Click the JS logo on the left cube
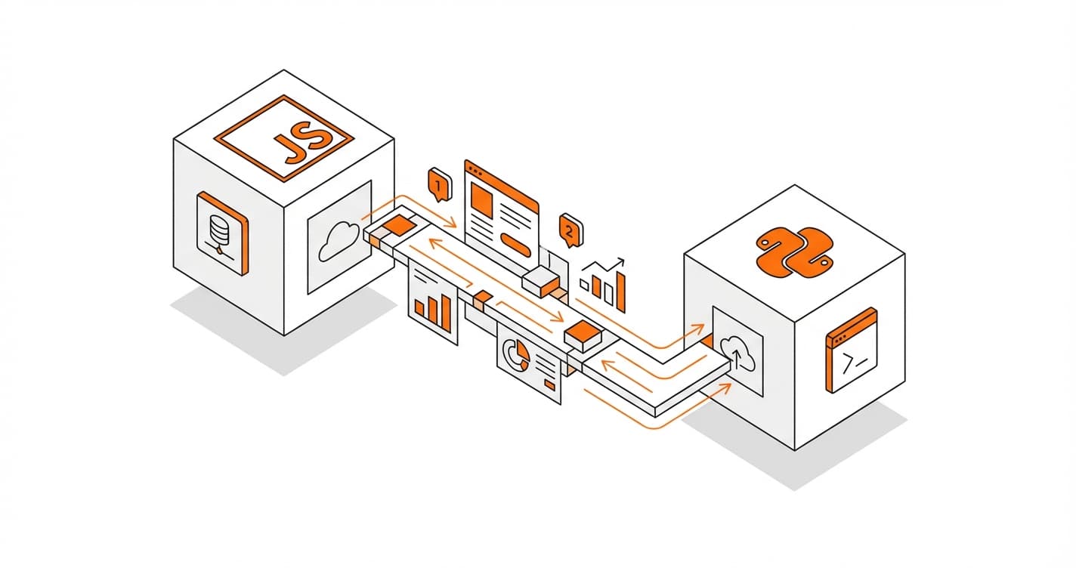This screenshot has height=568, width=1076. click(284, 139)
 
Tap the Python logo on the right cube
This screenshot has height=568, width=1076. click(794, 252)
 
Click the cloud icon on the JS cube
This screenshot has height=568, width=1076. click(340, 241)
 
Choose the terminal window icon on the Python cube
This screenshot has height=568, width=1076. click(852, 350)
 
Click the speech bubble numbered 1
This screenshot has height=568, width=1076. click(440, 185)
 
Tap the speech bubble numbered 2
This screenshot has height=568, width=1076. click(571, 230)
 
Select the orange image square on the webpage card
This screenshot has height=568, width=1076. click(482, 199)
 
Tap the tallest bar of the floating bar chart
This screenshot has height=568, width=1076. click(620, 292)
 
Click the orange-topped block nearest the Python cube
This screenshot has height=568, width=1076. click(583, 335)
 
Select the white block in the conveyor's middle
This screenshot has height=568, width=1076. click(541, 282)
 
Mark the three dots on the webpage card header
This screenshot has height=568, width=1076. click(477, 171)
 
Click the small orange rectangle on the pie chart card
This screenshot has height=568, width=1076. click(550, 384)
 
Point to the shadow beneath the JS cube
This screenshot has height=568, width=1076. click(283, 332)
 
